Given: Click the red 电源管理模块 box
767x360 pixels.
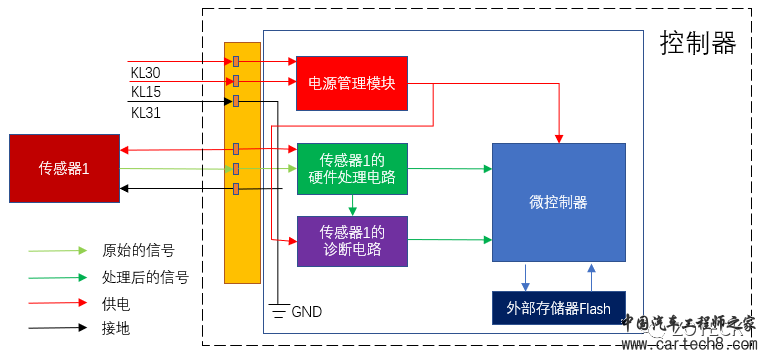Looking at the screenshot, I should pos(352,83).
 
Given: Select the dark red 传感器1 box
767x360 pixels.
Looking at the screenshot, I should pos(64,168).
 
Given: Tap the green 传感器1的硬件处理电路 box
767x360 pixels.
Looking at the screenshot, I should pos(352,168).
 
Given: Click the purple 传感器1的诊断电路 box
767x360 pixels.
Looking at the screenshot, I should pos(352,240).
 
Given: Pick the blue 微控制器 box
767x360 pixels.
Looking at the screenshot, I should pos(558,203).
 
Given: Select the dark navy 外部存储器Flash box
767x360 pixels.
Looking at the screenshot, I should pos(558,308).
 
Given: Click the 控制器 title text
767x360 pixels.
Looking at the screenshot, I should pos(697,43).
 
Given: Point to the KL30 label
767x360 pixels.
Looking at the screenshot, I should pos(145,73).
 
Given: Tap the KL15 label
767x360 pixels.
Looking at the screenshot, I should pos(145,92).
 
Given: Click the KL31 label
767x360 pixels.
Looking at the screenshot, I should pos(145,112).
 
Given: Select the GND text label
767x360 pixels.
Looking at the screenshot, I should pos(306,312).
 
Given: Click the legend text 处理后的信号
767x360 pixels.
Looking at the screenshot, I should pos(146,277).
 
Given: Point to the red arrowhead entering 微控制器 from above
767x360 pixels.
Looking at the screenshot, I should pos(558,137).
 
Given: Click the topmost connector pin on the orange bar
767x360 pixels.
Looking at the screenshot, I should pos(236,62).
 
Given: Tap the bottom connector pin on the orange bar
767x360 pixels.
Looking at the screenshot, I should pos(236,189).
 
